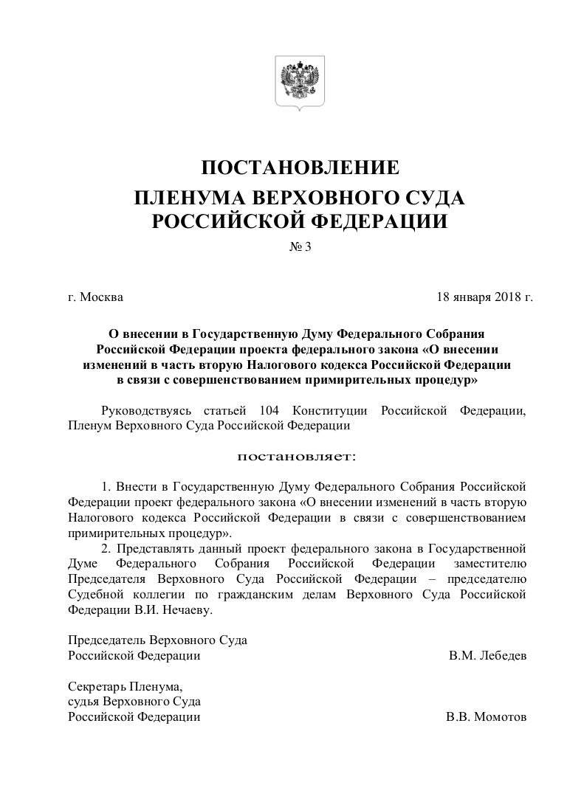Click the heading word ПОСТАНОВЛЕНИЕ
(x=300, y=168)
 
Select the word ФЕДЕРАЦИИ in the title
(x=381, y=221)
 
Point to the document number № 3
(x=300, y=248)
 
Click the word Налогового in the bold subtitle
(x=292, y=365)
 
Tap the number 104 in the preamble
(x=272, y=410)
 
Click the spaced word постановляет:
(x=295, y=457)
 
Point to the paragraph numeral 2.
(x=106, y=549)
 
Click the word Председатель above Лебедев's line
(x=106, y=640)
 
